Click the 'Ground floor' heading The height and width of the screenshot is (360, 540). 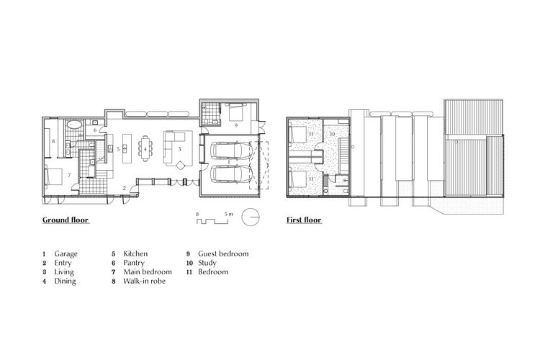point(66,220)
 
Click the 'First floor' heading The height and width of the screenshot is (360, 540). point(303,220)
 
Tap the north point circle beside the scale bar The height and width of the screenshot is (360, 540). point(251,217)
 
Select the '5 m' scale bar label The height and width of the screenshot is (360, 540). point(229,214)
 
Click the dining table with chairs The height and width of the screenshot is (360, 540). point(146,149)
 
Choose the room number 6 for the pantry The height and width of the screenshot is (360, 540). point(95,130)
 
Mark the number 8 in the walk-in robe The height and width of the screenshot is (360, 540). point(54,141)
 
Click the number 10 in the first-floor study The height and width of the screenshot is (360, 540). point(333,133)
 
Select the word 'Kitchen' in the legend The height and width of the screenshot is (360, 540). point(135,254)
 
